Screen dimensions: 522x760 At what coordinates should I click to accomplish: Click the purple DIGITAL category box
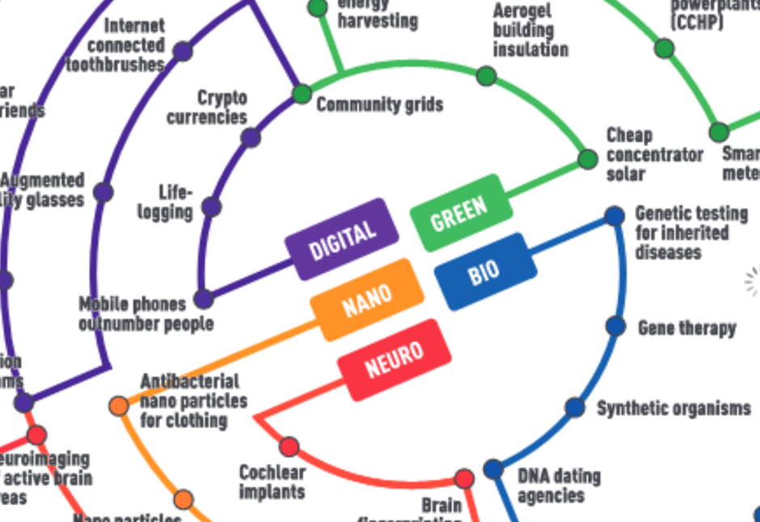pos(342,239)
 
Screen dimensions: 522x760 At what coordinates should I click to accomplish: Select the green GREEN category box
pos(461,213)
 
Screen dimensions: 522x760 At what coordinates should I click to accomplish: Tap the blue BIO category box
pos(485,272)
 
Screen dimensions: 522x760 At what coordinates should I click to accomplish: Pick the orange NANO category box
pos(367,300)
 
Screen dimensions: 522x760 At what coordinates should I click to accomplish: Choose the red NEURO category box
pos(394,360)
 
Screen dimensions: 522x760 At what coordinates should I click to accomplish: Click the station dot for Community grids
pos(302,95)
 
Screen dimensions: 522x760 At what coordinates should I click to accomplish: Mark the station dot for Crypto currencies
pos(251,137)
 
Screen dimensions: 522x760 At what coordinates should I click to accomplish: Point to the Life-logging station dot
pos(212,207)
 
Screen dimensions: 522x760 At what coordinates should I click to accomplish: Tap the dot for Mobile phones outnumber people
pos(204,299)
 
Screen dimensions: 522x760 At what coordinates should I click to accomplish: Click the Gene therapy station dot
pos(616,326)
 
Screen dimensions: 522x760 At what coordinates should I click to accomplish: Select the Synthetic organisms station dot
pos(575,407)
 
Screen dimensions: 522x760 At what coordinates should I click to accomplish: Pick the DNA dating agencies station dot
pos(493,469)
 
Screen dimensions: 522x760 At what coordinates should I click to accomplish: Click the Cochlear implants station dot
pos(289,446)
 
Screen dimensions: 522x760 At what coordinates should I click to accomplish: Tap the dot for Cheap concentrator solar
pos(588,159)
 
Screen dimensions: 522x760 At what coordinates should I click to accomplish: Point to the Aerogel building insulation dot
pos(486,76)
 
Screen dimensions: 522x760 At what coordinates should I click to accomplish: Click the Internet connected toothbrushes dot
pos(183,51)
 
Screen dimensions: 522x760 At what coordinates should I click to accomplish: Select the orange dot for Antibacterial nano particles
pos(119,406)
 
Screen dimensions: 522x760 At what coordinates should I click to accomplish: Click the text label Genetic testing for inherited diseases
pos(691,233)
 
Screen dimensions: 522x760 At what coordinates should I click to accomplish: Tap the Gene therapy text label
pos(686,328)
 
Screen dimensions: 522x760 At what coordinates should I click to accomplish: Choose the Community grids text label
pos(379,105)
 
